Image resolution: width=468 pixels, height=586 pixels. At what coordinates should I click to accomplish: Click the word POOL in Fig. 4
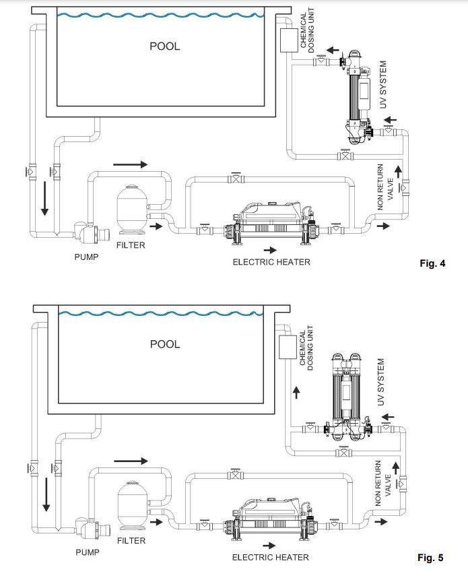[x=165, y=46]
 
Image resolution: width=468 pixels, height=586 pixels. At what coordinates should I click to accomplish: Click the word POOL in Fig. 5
[x=165, y=344]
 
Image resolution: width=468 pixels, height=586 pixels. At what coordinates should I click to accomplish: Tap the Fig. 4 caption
[x=432, y=263]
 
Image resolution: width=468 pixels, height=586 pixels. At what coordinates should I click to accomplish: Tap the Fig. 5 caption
[x=431, y=558]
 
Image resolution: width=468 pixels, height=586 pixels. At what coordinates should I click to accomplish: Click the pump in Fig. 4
[x=91, y=232]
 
